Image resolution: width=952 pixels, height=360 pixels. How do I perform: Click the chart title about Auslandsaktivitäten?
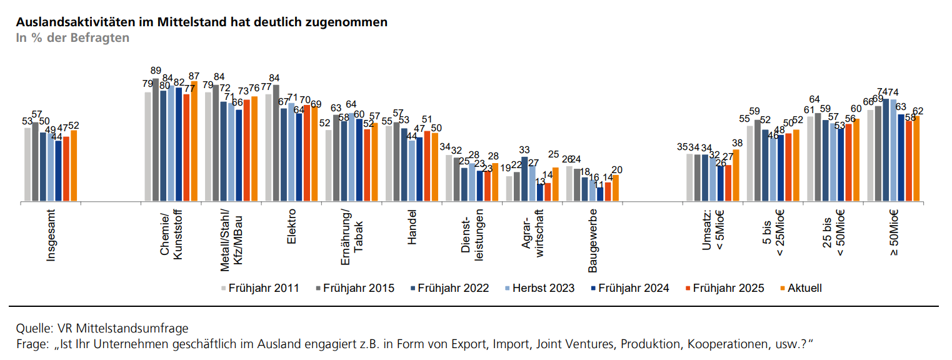point(201,22)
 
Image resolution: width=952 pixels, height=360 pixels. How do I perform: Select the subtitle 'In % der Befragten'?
point(73,37)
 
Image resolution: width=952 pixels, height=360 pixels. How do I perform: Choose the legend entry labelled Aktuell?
point(804,288)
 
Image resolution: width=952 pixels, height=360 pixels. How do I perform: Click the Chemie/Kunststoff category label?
point(171,239)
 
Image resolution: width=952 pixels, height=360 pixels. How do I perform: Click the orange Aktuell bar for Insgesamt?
point(74,166)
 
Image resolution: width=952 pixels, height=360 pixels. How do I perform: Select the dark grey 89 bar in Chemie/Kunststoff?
point(156,140)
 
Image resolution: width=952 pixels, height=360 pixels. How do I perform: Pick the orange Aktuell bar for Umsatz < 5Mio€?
point(735,176)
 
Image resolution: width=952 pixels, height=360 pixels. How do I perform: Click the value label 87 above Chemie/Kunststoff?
point(194,76)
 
